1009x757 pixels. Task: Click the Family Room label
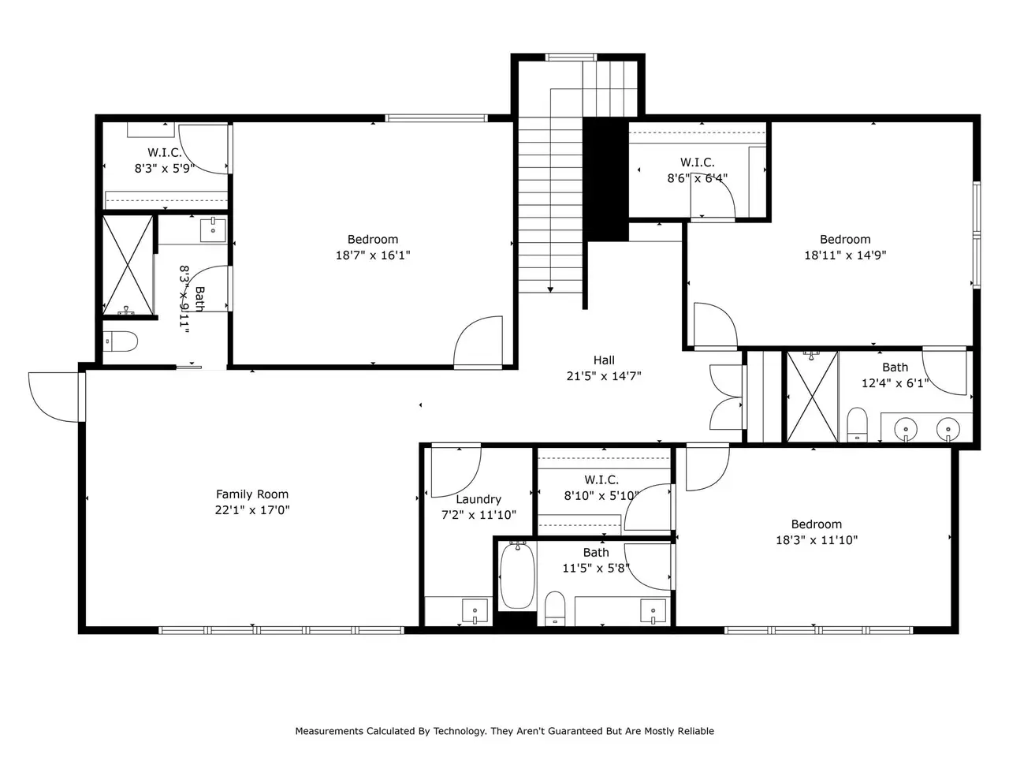tap(252, 494)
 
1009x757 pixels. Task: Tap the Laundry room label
tap(478, 500)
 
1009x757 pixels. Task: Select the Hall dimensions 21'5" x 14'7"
tap(604, 376)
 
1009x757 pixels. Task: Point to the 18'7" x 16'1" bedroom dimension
tap(373, 255)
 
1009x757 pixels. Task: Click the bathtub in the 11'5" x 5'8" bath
tap(517, 576)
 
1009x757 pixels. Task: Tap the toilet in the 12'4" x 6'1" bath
tap(857, 424)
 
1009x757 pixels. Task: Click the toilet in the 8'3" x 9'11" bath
tap(120, 341)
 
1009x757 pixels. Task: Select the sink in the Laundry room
tap(475, 611)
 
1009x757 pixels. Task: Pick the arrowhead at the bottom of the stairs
tap(550, 289)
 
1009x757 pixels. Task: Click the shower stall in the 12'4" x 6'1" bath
tap(812, 397)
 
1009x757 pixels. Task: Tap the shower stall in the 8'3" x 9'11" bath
tap(128, 265)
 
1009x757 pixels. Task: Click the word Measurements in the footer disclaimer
tap(330, 731)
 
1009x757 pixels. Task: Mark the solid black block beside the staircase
tap(606, 179)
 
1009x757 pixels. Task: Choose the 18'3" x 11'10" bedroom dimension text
tap(817, 540)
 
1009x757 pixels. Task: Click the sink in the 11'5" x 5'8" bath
tap(653, 611)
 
